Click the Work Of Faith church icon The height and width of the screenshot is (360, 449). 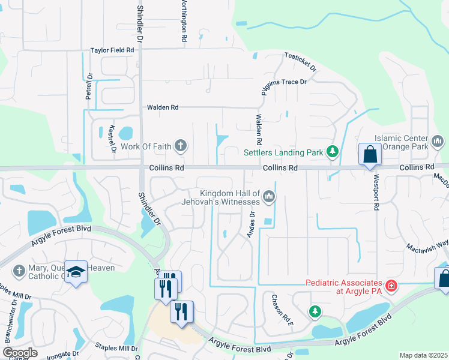tap(180, 145)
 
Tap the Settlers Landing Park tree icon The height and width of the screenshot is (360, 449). tap(332, 152)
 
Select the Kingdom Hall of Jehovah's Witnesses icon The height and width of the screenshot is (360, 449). tap(269, 196)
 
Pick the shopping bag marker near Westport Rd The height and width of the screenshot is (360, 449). tap(370, 154)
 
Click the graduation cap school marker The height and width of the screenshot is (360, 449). tap(76, 274)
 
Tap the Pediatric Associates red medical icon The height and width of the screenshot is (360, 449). tap(391, 286)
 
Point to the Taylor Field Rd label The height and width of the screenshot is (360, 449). tap(112, 51)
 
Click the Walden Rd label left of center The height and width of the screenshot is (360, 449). tap(163, 107)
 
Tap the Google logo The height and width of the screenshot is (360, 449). tap(20, 353)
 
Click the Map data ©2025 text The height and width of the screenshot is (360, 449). tap(423, 355)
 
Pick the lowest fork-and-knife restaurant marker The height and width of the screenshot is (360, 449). tap(181, 312)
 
